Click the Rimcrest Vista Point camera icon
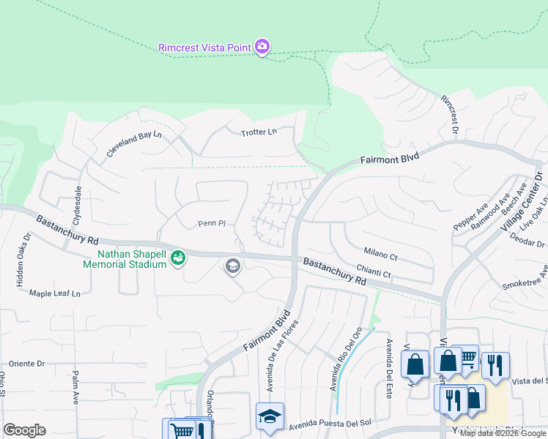tap(262, 48)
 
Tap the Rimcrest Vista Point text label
tap(205, 48)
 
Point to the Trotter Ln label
tap(259, 132)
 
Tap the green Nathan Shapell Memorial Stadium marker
tap(177, 258)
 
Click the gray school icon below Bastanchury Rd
tap(233, 266)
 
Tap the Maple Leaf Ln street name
tap(54, 293)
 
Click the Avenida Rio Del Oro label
tap(346, 359)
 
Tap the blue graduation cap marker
tap(270, 416)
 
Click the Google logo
tap(25, 430)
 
